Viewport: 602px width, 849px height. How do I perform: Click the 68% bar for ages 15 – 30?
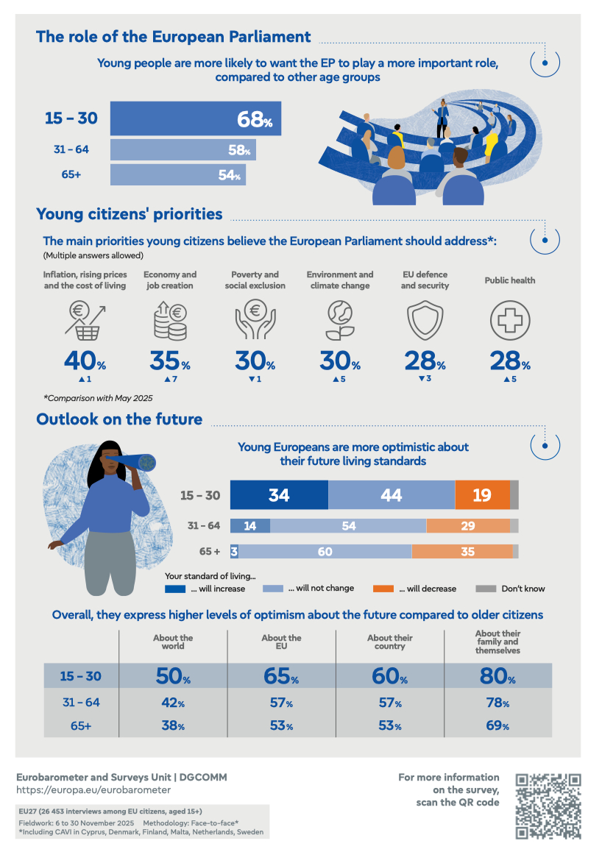(x=195, y=118)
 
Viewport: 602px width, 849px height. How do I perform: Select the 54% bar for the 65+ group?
(x=177, y=175)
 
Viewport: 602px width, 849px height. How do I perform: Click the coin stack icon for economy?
(x=168, y=319)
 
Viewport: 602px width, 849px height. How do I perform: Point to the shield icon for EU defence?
(x=424, y=319)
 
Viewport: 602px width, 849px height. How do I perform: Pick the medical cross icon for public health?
(x=509, y=319)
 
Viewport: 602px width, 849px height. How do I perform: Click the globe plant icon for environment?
(x=340, y=319)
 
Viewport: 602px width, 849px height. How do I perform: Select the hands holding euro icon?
(x=255, y=319)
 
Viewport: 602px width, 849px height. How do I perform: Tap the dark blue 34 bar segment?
(x=279, y=495)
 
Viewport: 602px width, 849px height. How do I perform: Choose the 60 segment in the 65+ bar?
(x=325, y=552)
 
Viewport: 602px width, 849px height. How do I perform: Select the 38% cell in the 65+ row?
(x=172, y=725)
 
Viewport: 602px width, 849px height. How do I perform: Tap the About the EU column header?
(x=281, y=642)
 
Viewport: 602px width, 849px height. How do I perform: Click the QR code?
(x=548, y=806)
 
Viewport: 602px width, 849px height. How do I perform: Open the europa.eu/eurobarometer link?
(x=93, y=789)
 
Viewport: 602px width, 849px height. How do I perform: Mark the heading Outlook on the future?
(x=119, y=419)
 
